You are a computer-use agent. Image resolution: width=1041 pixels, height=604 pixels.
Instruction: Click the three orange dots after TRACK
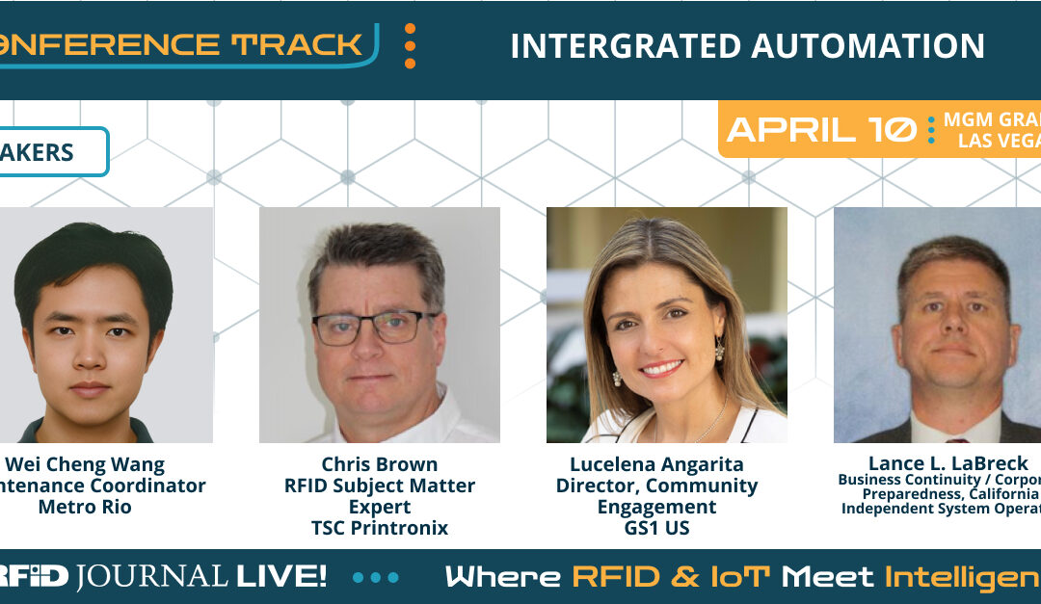pos(410,45)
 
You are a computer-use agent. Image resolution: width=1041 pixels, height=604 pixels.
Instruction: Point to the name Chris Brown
pos(379,464)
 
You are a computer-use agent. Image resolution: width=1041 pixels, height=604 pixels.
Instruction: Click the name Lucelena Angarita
pos(656,464)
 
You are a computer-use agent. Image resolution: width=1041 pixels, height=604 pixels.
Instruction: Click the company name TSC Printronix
pos(379,528)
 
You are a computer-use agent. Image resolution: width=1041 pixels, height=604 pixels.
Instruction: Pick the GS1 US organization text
pos(656,528)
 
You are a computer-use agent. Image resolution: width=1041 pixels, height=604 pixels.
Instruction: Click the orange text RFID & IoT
pos(672,577)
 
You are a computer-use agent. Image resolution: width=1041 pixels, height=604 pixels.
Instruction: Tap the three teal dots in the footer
pos(375,578)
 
